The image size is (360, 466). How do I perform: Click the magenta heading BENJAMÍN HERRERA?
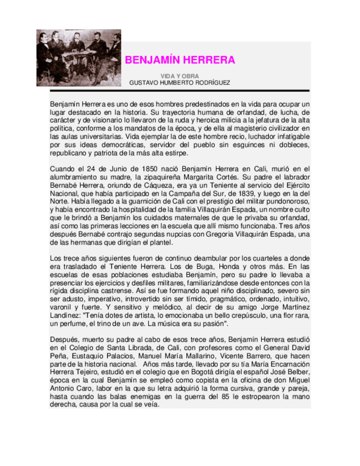pos(180,60)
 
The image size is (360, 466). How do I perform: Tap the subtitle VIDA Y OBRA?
pos(180,76)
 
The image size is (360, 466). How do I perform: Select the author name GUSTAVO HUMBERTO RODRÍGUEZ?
pos(180,82)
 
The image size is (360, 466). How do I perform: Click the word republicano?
pos(70,153)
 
